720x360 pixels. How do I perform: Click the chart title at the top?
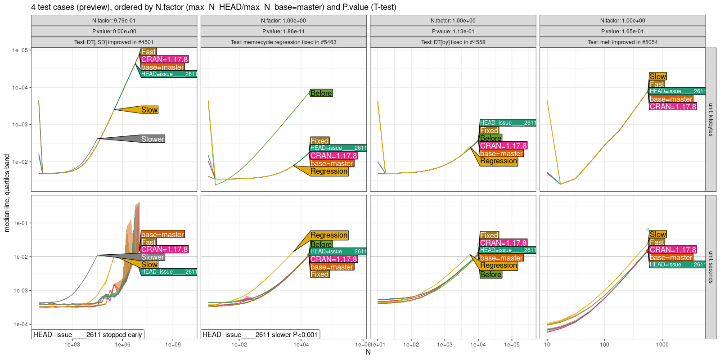(214, 7)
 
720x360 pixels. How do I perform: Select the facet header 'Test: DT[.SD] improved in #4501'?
(114, 42)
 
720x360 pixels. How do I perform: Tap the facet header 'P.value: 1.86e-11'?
(283, 31)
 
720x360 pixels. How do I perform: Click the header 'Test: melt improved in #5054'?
(622, 42)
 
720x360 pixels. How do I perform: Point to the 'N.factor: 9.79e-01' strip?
(114, 21)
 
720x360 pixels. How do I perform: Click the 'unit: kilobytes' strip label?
(711, 120)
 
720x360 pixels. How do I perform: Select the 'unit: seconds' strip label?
(711, 267)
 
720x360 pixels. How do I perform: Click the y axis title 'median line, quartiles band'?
(7, 193)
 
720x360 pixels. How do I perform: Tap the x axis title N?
(368, 352)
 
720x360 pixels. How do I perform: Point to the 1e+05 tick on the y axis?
(20, 50)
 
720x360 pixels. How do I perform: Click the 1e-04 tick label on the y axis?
(20, 324)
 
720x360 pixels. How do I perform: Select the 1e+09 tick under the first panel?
(173, 345)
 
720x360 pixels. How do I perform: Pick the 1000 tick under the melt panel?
(662, 345)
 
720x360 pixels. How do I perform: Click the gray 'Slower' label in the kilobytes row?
(153, 139)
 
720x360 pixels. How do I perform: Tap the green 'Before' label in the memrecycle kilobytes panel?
(321, 93)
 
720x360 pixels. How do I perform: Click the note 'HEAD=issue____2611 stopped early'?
(88, 334)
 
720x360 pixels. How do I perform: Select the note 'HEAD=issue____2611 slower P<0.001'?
(260, 334)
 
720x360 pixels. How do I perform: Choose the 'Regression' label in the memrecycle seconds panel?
(329, 235)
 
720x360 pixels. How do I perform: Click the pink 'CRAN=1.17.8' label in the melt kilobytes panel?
(673, 107)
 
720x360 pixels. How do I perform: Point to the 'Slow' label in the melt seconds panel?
(657, 234)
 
